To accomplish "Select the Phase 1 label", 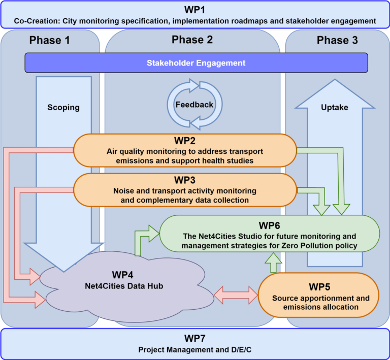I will pos(50,41).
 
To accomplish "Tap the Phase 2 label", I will pos(192,40).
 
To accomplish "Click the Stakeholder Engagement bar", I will pos(196,63).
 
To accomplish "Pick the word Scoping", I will pos(64,107).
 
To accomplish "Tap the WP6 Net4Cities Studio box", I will pos(270,234).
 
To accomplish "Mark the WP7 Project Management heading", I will pos(195,339).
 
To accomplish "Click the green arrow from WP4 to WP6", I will pos(144,238).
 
